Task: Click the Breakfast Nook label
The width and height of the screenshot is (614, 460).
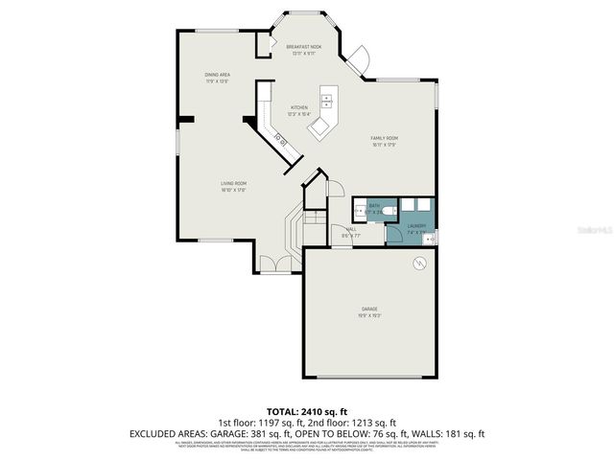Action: point(302,47)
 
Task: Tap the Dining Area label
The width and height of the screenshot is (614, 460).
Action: point(217,75)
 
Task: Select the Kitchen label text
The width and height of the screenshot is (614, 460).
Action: point(299,108)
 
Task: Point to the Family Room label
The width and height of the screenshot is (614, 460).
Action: point(385,139)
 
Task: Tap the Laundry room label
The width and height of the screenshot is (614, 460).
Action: point(415,226)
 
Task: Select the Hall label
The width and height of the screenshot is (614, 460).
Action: point(350,230)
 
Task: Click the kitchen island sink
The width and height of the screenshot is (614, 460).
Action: point(327,99)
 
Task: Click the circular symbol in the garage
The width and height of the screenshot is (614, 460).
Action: point(418,263)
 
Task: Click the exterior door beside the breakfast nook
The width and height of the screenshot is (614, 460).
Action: point(357,58)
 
